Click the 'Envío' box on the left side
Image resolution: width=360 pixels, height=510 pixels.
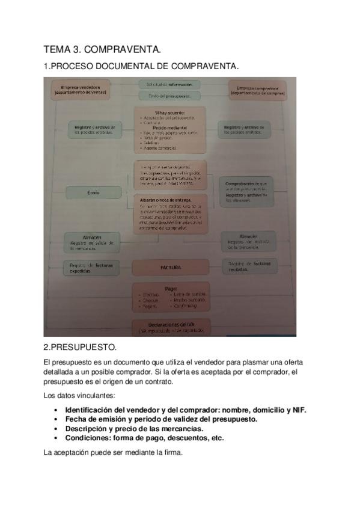(x=92, y=192)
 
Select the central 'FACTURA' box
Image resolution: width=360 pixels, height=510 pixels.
(x=170, y=267)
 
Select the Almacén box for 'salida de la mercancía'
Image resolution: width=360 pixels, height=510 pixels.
(x=91, y=242)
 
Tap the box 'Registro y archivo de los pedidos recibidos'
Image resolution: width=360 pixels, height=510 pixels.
(x=94, y=131)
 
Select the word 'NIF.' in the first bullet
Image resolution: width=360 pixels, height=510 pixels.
(x=298, y=410)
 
